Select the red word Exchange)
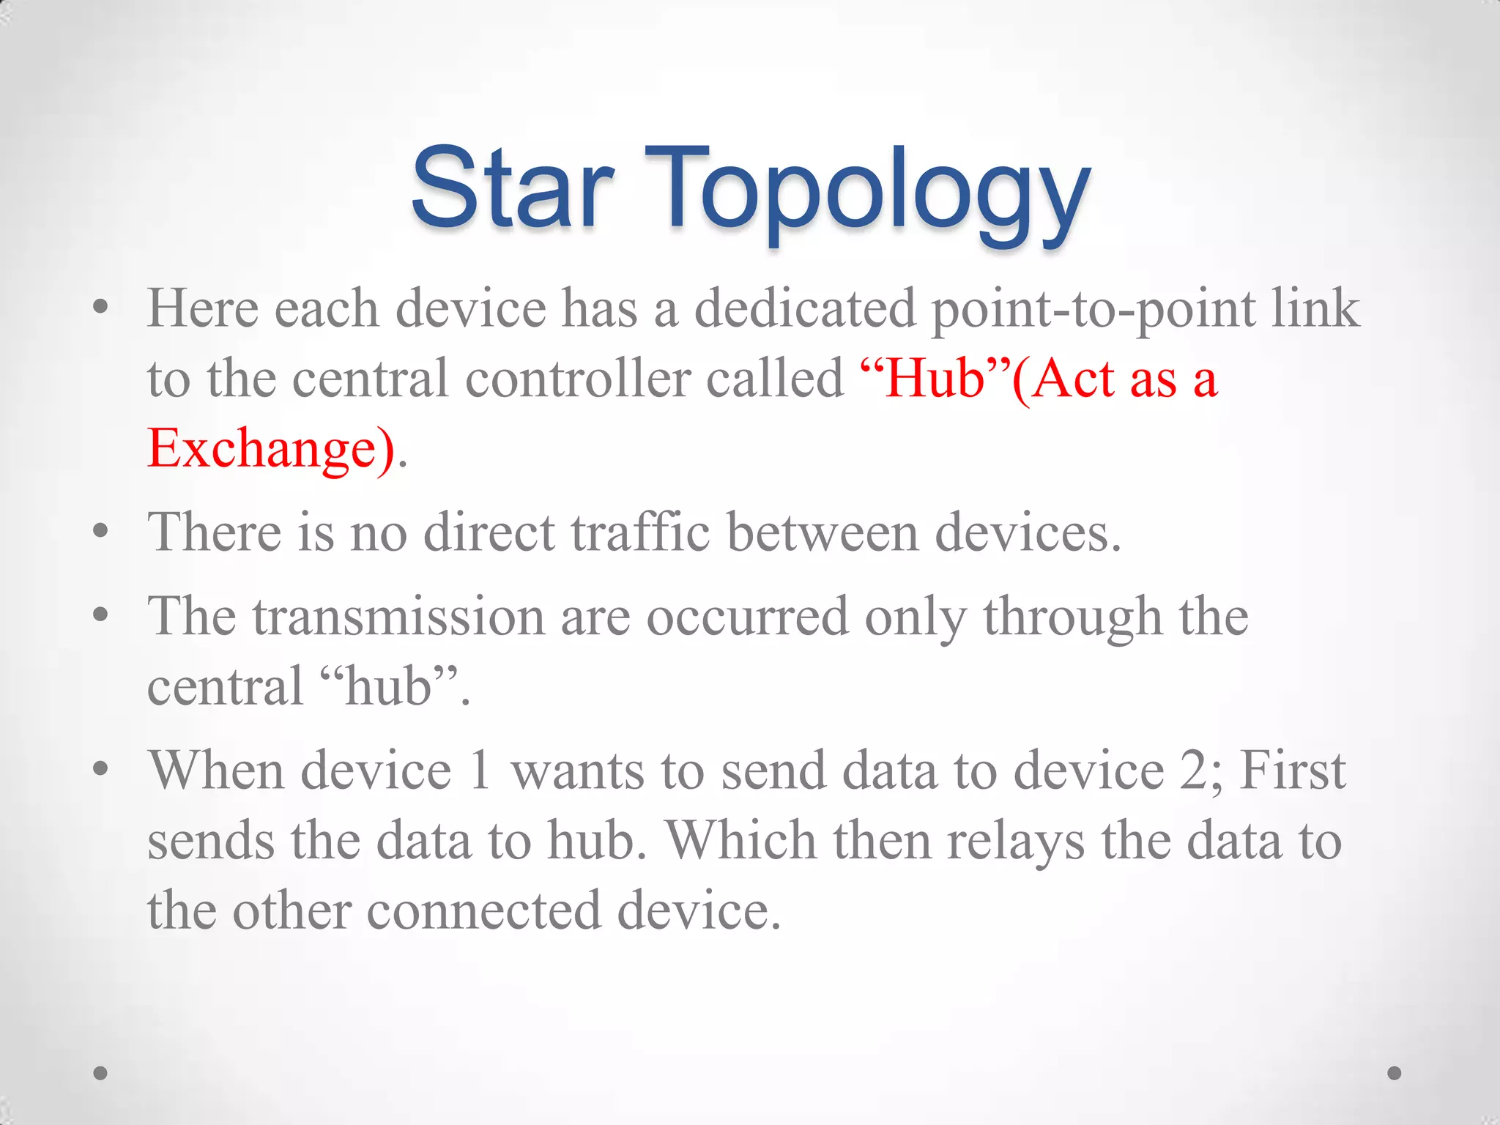point(271,448)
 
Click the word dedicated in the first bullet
point(805,308)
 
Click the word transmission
point(398,617)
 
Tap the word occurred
point(746,617)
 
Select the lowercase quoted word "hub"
point(387,686)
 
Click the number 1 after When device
point(480,771)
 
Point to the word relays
point(1015,841)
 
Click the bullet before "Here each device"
point(101,308)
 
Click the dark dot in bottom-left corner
point(101,1073)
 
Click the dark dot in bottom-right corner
point(1395,1073)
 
